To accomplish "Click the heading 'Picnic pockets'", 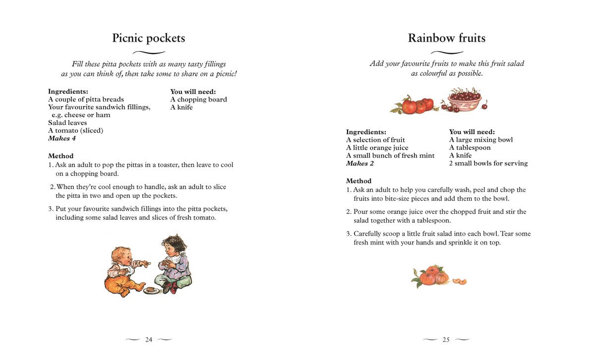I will point(149,38).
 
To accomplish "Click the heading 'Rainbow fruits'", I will point(446,38).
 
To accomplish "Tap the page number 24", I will point(149,340).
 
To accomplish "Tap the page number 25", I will point(446,340).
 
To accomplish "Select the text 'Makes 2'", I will point(359,163).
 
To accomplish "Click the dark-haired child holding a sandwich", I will point(171,263).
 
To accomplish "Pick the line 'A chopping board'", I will point(198,99).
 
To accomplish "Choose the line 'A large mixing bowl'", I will point(480,140).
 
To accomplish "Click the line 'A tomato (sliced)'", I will point(75,130).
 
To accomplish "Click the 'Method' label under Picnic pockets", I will point(60,156).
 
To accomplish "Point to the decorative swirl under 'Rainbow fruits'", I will point(446,53).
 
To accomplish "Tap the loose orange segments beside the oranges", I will point(460,282).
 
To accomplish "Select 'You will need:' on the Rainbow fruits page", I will point(472,132).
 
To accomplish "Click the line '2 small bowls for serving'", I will point(488,163).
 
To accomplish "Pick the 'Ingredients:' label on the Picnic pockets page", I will point(68,91).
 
